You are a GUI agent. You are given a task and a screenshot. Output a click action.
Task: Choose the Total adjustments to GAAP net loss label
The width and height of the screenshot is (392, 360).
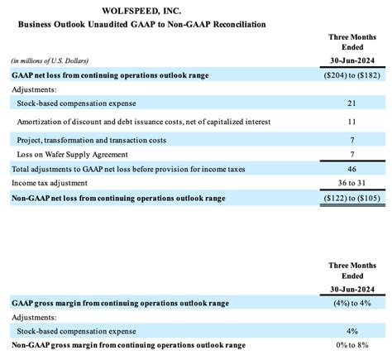120,168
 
